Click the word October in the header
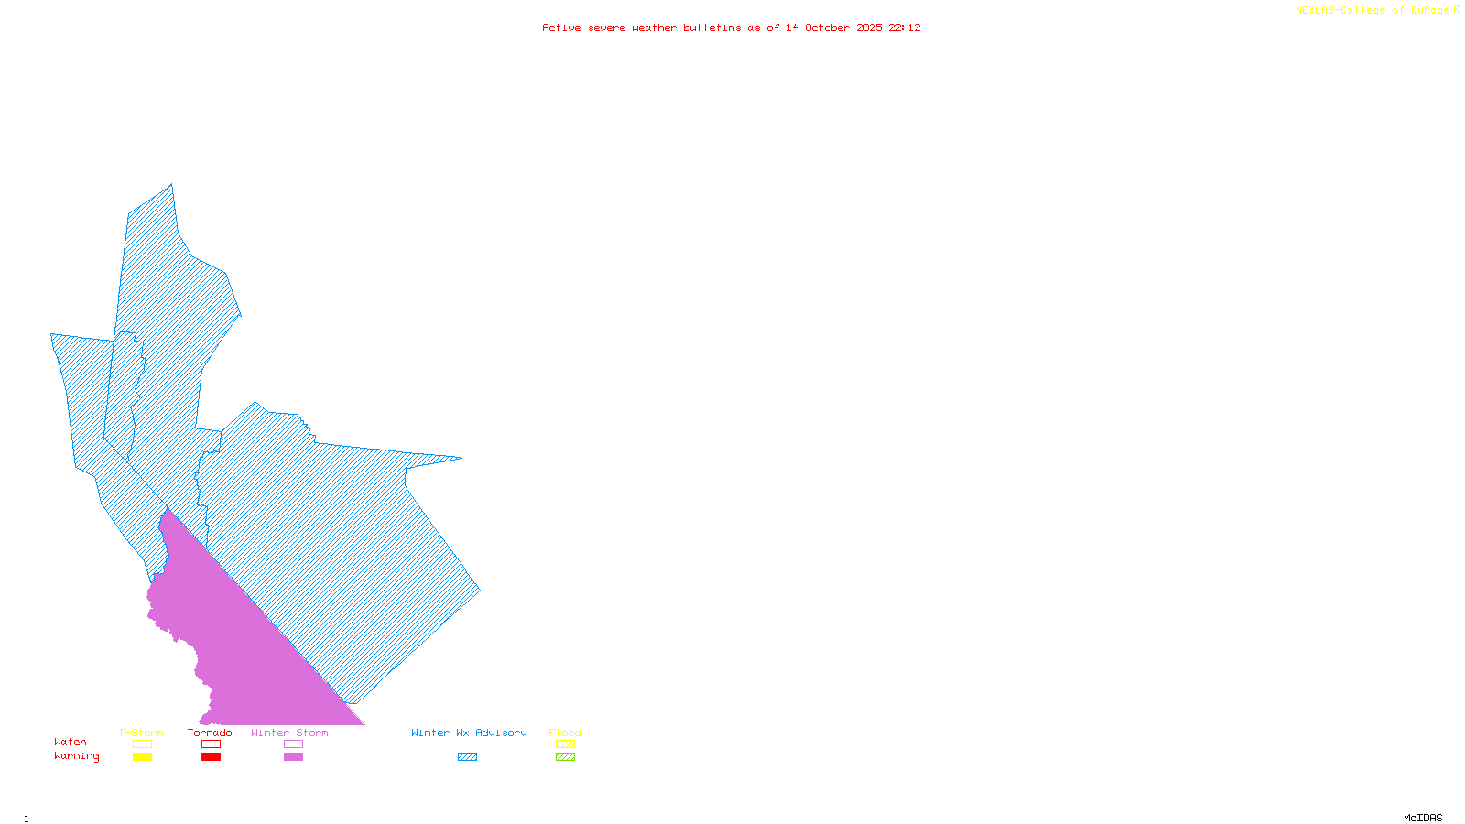pos(828,27)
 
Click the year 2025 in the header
pos(870,27)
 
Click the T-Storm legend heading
pos(141,732)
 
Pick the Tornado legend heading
pos(210,732)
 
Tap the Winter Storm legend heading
pos(289,732)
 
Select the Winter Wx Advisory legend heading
pos(469,732)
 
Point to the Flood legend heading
pos(565,732)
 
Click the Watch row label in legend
pos(71,742)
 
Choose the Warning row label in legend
pos(77,756)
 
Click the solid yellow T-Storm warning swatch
pos(142,757)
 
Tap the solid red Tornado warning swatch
pos(211,757)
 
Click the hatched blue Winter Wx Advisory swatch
pos(467,757)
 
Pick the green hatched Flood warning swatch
pos(565,757)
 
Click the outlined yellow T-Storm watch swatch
pos(142,744)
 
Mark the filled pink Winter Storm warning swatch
pos(293,757)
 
